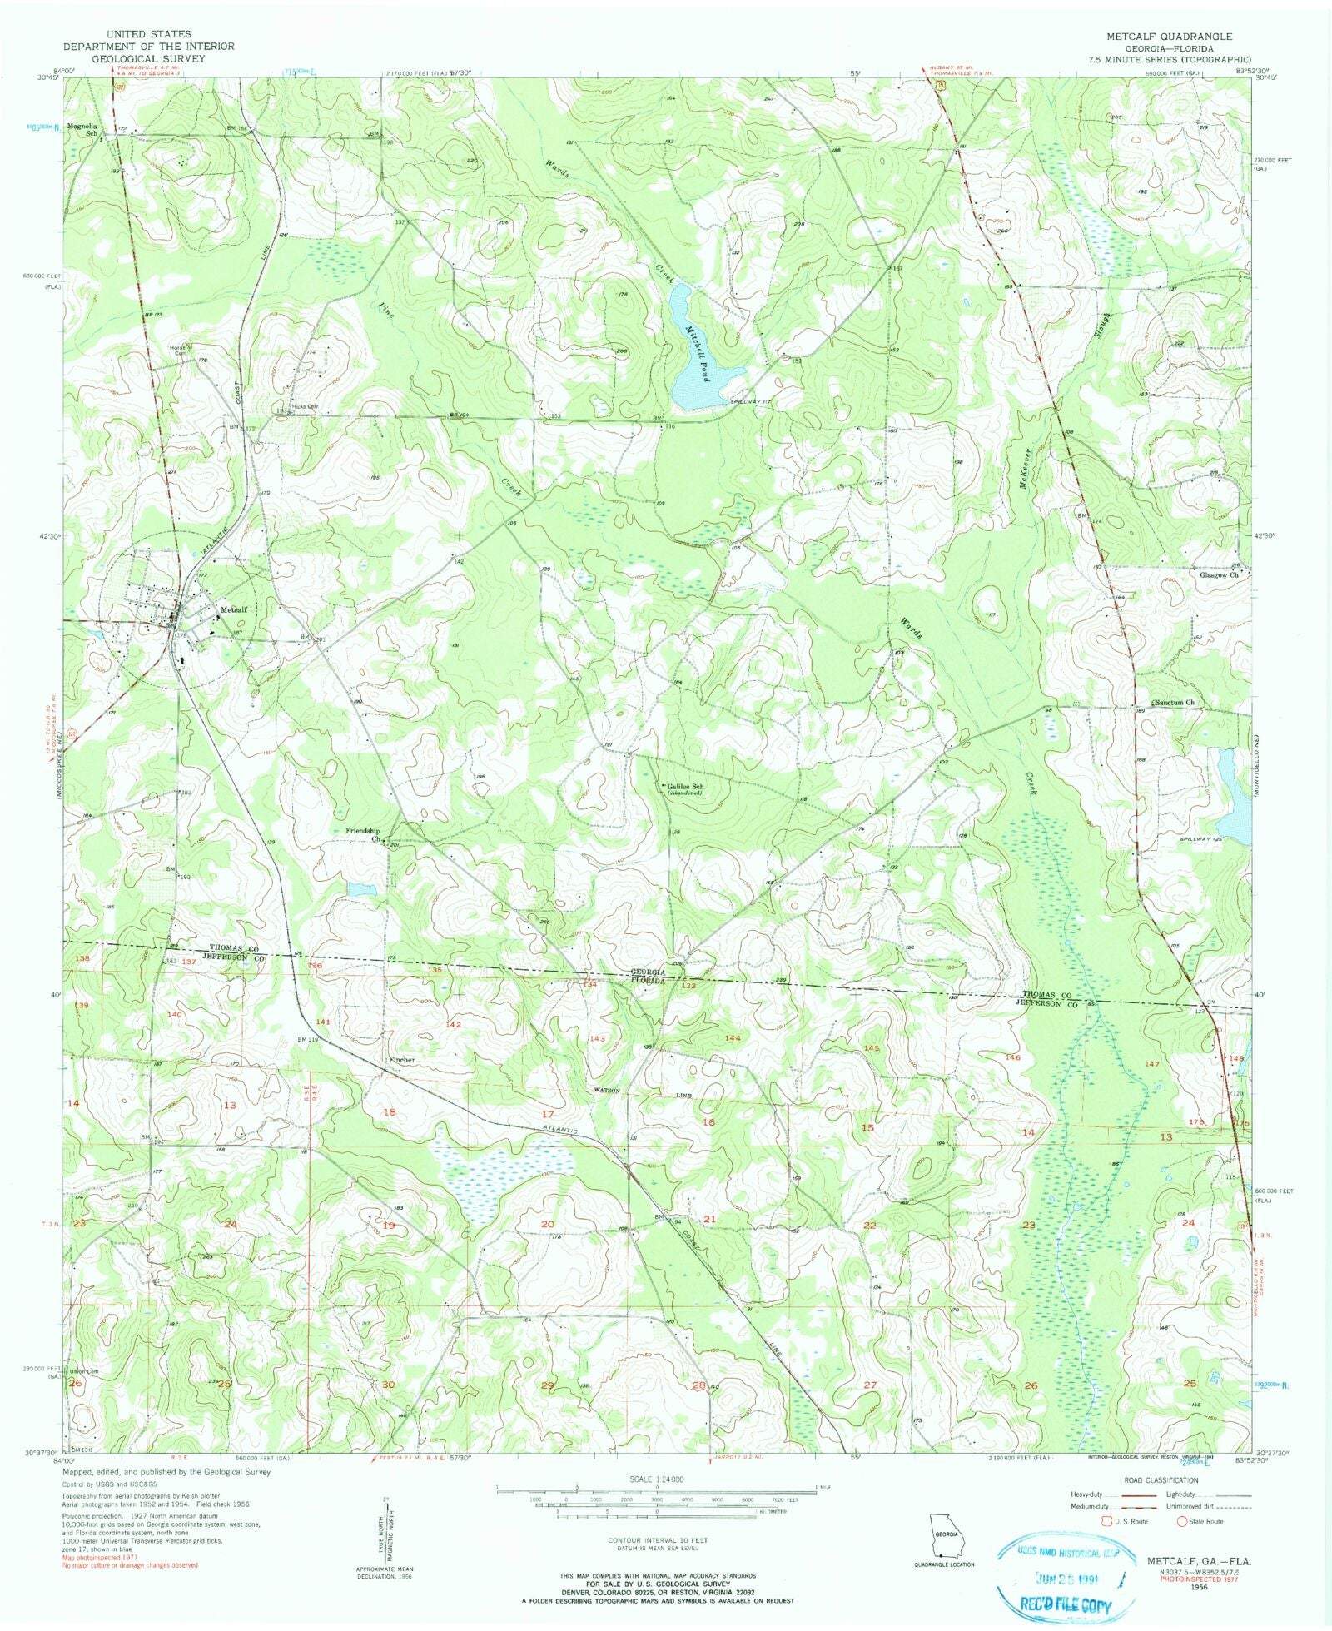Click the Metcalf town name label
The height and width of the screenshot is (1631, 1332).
(235, 609)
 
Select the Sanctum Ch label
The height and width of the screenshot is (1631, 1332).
(1174, 703)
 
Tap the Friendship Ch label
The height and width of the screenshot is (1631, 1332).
(363, 834)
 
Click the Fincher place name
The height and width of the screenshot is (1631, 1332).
(401, 1060)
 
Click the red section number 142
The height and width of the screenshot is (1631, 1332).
(454, 1024)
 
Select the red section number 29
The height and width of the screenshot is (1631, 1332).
(547, 1385)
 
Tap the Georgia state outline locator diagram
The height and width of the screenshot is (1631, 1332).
(943, 1533)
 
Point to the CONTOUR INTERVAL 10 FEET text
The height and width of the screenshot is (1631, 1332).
(658, 1540)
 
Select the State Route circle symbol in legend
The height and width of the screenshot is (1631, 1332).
(1181, 1521)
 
